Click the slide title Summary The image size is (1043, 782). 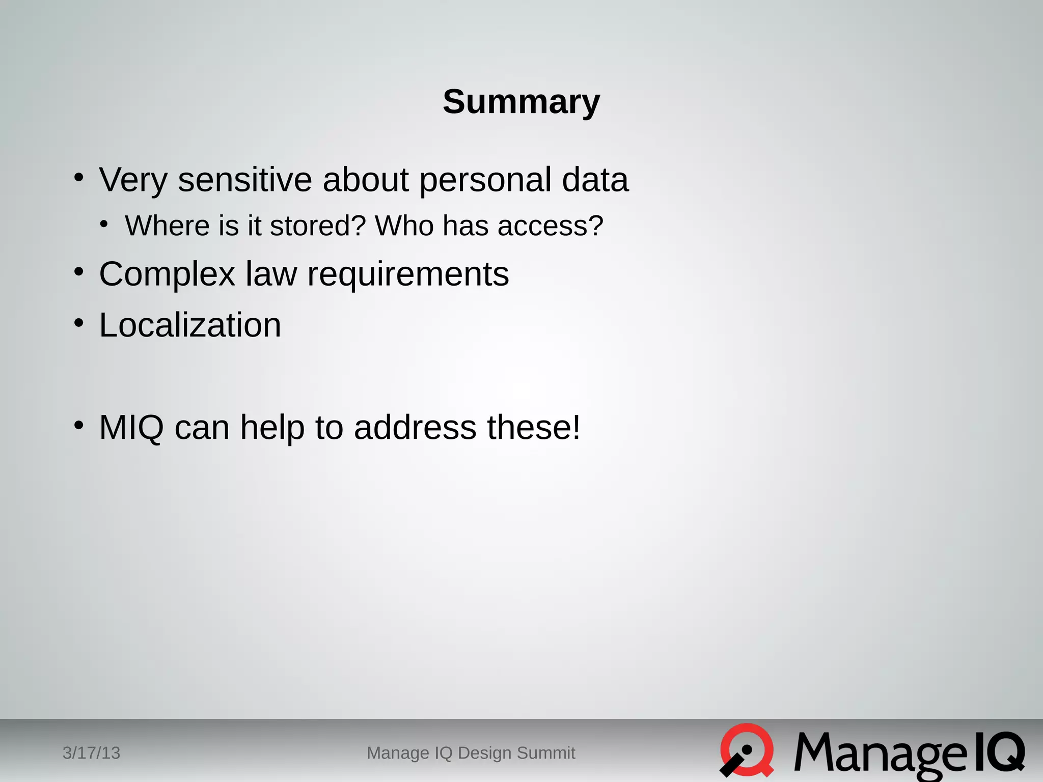(521, 102)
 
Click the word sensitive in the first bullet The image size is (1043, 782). (244, 180)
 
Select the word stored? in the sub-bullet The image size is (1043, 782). (318, 226)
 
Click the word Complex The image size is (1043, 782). (167, 274)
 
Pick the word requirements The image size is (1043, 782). (408, 274)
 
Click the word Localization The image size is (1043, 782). (190, 325)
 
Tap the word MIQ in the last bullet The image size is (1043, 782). (131, 427)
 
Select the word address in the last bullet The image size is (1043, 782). (415, 427)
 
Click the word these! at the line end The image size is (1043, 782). (534, 427)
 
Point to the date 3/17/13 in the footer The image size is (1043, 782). (91, 753)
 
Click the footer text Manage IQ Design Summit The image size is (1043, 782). (471, 753)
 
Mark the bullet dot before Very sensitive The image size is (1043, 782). (78, 178)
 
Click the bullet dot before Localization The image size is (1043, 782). (78, 323)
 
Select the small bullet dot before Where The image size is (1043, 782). (104, 224)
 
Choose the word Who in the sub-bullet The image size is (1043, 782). (404, 226)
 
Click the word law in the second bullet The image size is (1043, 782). (271, 274)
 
